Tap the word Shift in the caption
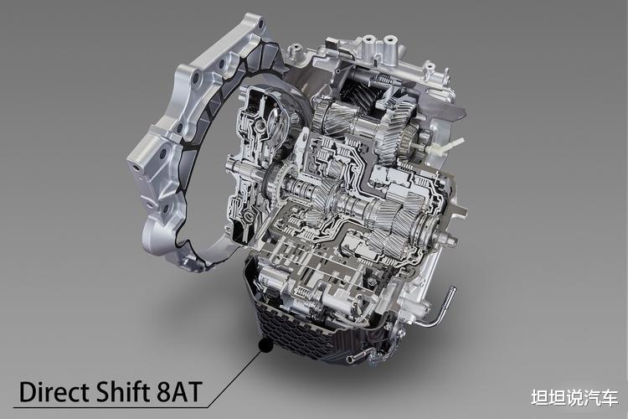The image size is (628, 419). point(122,391)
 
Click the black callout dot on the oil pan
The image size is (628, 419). point(265,344)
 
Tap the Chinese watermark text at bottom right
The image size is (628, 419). point(574,397)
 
